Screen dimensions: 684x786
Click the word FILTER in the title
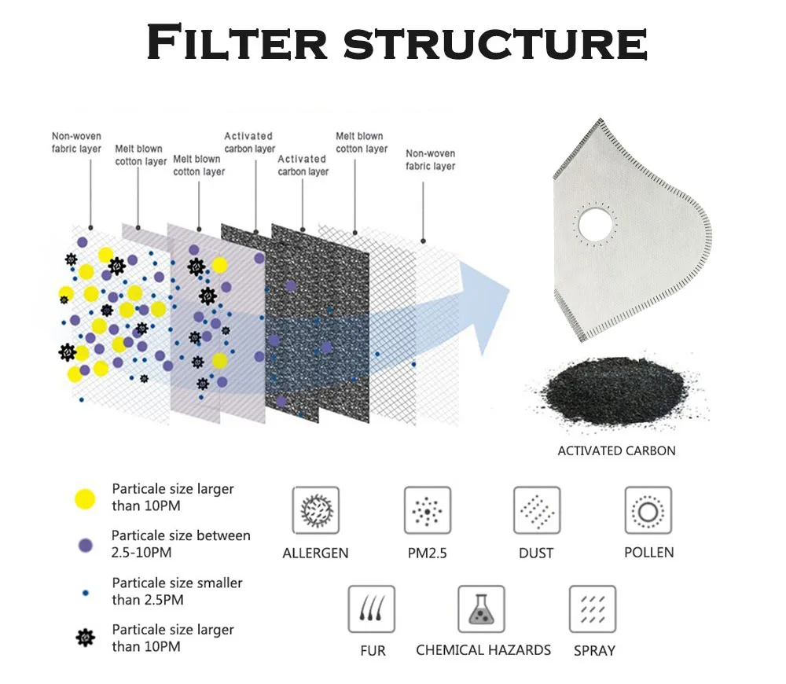[x=237, y=43]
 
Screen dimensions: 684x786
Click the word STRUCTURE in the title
[x=495, y=43]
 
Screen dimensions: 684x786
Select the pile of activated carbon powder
[x=617, y=397]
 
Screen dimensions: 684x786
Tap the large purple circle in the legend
[x=85, y=544]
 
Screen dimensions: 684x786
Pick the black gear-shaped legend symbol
[x=85, y=638]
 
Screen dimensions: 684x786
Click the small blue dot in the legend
[x=85, y=592]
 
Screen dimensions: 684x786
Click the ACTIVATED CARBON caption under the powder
[x=616, y=451]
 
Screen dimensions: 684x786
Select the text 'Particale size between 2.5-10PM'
[x=181, y=544]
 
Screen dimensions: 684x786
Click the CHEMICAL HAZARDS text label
[x=483, y=650]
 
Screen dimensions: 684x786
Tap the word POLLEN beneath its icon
[x=648, y=552]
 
